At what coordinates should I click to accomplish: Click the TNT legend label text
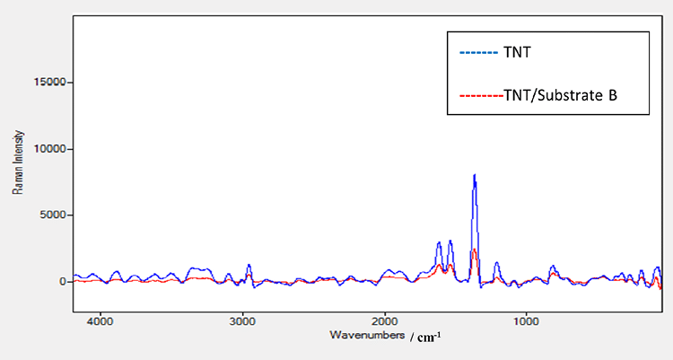(516, 53)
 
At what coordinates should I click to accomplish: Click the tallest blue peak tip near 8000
(474, 175)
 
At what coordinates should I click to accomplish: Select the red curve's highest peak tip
(473, 250)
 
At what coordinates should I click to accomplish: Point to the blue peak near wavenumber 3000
(249, 266)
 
